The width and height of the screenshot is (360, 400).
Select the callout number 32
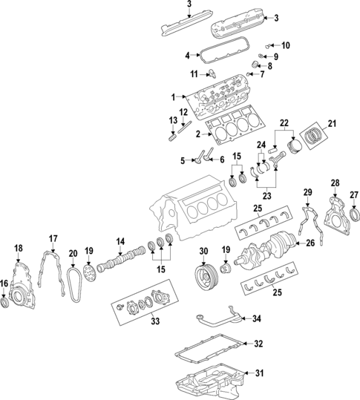(x=258, y=344)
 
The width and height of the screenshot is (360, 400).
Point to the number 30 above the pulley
(x=204, y=252)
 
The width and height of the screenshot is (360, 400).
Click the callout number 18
(x=19, y=248)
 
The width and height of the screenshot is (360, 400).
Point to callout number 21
(x=332, y=123)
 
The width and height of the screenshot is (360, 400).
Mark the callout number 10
(x=286, y=45)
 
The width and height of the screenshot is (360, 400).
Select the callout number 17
(x=53, y=238)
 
